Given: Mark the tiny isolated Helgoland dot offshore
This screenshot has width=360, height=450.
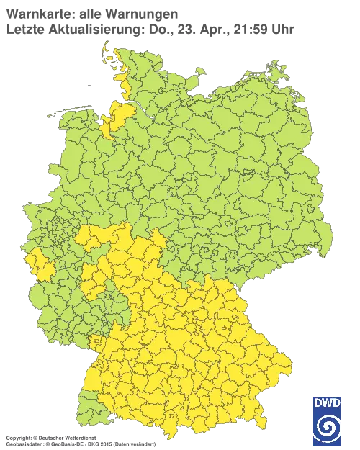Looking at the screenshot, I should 88,84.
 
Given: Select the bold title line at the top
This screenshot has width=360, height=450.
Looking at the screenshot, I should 90,13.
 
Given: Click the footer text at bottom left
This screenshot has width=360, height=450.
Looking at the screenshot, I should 79,437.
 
